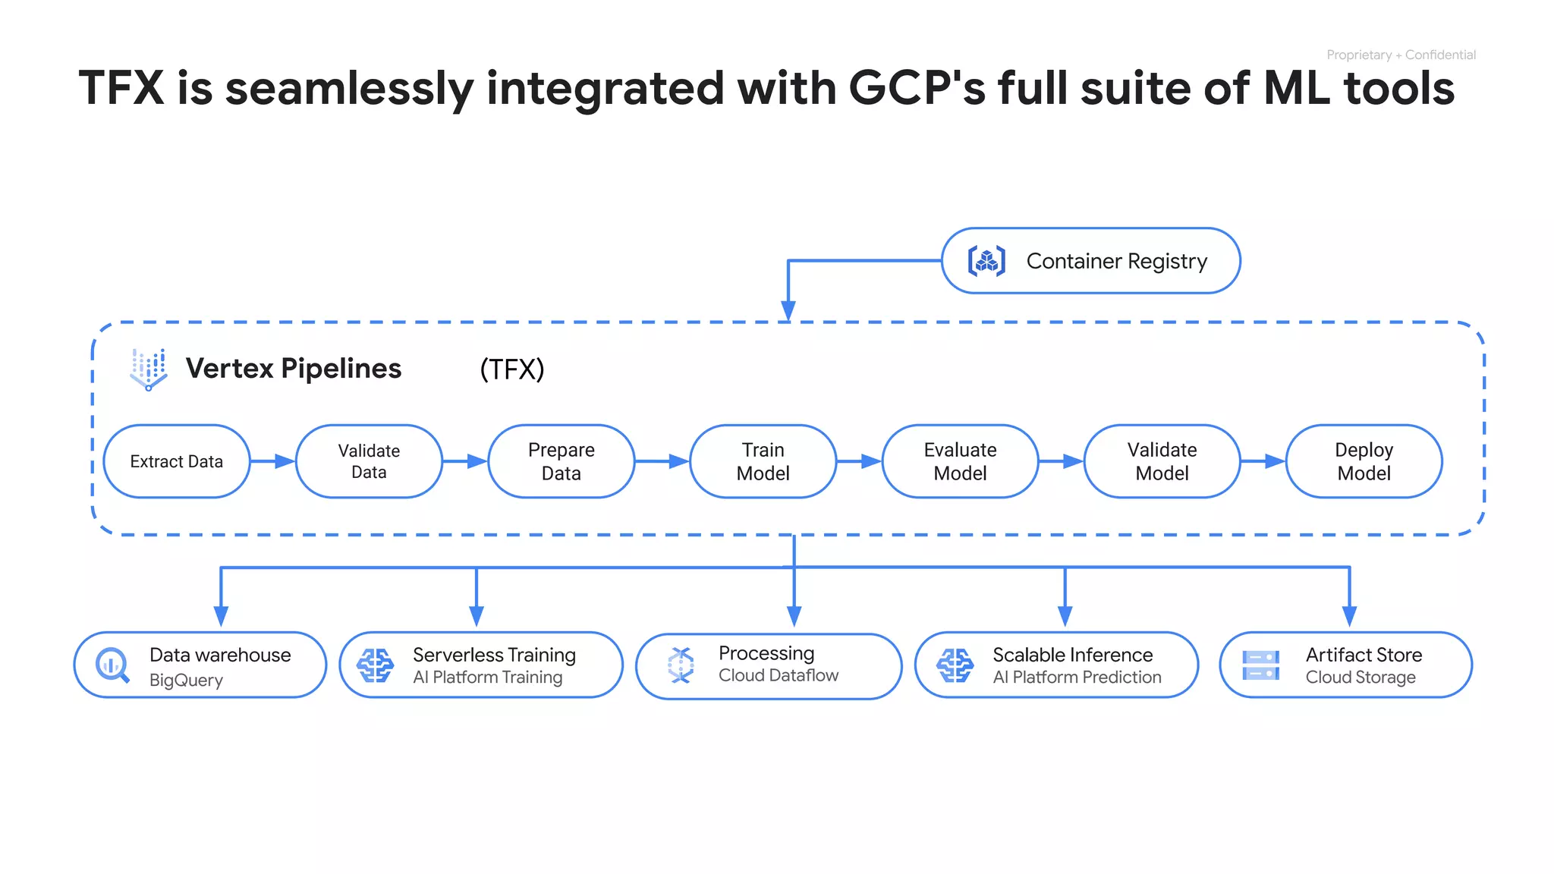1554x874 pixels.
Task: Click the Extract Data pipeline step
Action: (x=176, y=461)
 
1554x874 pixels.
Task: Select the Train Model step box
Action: (x=763, y=461)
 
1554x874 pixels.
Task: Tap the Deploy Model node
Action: (x=1364, y=461)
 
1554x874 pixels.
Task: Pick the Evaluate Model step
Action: (x=960, y=461)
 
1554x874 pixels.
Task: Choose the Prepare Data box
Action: (x=561, y=461)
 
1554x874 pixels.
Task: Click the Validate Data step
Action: (x=369, y=461)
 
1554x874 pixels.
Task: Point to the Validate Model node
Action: (x=1162, y=461)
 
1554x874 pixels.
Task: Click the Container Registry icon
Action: (x=986, y=261)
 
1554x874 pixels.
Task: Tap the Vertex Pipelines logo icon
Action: (x=149, y=369)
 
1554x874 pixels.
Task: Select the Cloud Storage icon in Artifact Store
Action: (x=1260, y=665)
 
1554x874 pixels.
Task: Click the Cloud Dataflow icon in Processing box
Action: (x=681, y=665)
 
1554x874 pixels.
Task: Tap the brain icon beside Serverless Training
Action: (x=375, y=665)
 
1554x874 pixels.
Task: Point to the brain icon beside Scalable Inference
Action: (x=955, y=665)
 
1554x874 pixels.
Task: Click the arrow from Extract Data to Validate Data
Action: (x=272, y=461)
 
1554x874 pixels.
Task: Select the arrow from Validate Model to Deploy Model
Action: (x=1263, y=461)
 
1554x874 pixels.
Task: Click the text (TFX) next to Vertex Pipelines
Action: (x=512, y=369)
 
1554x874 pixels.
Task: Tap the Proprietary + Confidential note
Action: (x=1401, y=55)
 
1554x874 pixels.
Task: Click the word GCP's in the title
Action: (x=917, y=88)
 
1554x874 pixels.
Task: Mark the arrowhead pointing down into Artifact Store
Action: (x=1349, y=616)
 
